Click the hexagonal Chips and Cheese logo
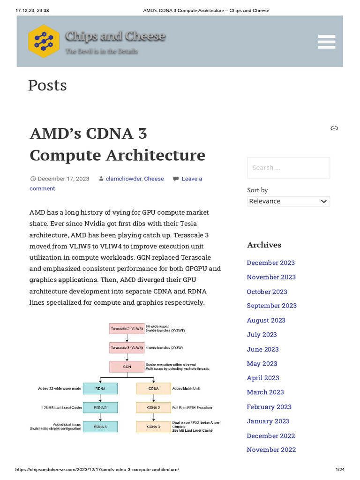click(x=44, y=41)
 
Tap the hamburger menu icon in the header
click(x=326, y=41)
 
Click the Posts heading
click(x=47, y=85)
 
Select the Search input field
click(x=288, y=167)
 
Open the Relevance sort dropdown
click(x=288, y=201)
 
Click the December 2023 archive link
click(x=270, y=262)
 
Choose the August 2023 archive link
click(x=266, y=320)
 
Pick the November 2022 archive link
click(x=271, y=450)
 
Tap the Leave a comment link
click(x=192, y=179)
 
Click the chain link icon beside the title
click(x=334, y=128)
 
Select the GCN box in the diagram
click(x=127, y=367)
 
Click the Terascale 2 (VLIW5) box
click(x=127, y=329)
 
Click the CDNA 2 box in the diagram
click(x=153, y=407)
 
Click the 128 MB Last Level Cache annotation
click(x=61, y=407)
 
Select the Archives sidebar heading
click(x=264, y=245)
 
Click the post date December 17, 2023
click(x=63, y=179)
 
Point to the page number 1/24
click(x=340, y=469)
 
